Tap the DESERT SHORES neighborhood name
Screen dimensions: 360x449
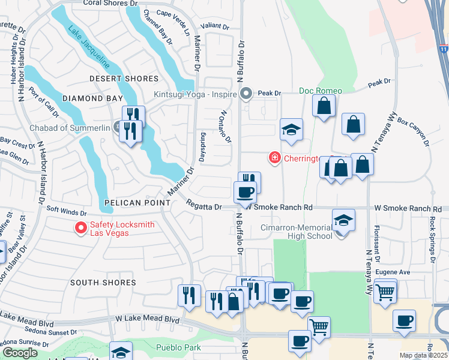(x=124, y=79)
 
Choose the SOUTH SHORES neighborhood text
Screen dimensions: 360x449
(x=103, y=282)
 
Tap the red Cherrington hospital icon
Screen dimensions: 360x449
(x=274, y=158)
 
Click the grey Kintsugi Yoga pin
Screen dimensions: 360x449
(x=246, y=94)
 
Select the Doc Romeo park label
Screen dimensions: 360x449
(x=321, y=91)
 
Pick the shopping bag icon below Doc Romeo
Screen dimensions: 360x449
(x=324, y=106)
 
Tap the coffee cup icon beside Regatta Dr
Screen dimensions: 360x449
(x=244, y=193)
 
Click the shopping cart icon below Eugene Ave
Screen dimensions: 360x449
(x=385, y=292)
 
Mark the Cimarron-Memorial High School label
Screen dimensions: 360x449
(x=296, y=232)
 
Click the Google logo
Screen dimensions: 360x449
(x=20, y=353)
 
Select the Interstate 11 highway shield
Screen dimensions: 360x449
(x=443, y=48)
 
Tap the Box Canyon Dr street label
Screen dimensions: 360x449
(x=414, y=133)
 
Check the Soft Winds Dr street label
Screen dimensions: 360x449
(x=67, y=212)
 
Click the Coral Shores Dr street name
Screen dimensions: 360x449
(x=110, y=3)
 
